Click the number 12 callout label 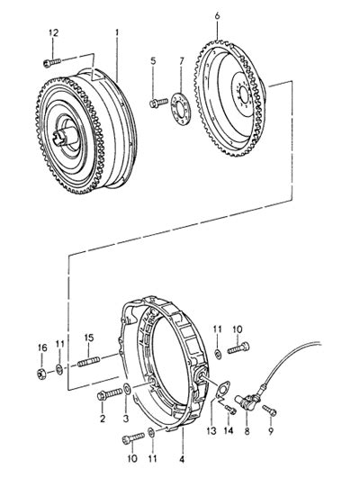click(53, 33)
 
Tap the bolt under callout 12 click(52, 62)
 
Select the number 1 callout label click(117, 32)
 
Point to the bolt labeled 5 click(158, 103)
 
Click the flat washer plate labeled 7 click(180, 107)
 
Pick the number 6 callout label click(217, 16)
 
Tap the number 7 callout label click(182, 61)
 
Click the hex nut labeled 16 click(41, 373)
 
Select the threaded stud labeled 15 click(88, 362)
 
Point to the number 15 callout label click(89, 338)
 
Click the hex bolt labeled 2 click(110, 393)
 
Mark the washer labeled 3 click(127, 389)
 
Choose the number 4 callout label click(182, 459)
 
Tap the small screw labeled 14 click(230, 410)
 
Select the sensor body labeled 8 click(246, 401)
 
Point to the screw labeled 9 click(269, 410)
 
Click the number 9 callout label click(271, 431)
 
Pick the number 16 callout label click(42, 347)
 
